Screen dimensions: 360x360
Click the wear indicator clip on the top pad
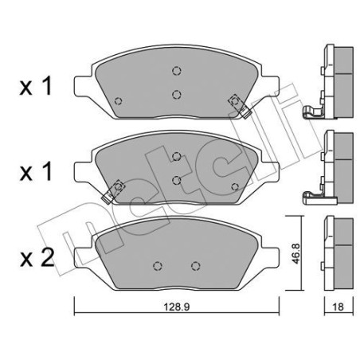point(237,102)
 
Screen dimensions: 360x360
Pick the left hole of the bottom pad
point(157,266)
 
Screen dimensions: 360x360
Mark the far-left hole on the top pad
point(119,100)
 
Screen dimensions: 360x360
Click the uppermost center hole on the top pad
point(176,71)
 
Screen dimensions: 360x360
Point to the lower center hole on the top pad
point(176,92)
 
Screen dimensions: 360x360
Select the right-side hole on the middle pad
point(234,186)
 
